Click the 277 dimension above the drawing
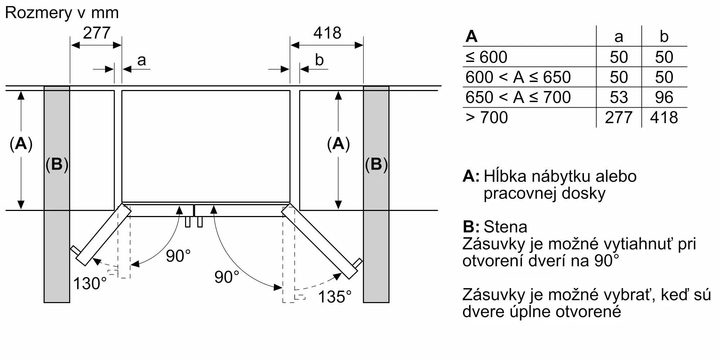click(x=96, y=33)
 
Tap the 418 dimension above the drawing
click(x=327, y=33)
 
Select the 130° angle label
click(x=90, y=284)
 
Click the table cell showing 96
click(x=664, y=98)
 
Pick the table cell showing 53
click(x=618, y=98)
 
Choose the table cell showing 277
click(x=618, y=118)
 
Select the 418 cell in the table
click(x=664, y=118)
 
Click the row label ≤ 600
click(x=486, y=57)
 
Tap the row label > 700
click(x=486, y=118)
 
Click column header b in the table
click(x=664, y=37)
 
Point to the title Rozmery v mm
click(x=62, y=13)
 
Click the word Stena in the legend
click(x=505, y=227)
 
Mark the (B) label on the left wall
click(x=57, y=165)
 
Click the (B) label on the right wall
click(x=376, y=165)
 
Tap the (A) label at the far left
click(x=21, y=144)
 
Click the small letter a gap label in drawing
click(x=141, y=60)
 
